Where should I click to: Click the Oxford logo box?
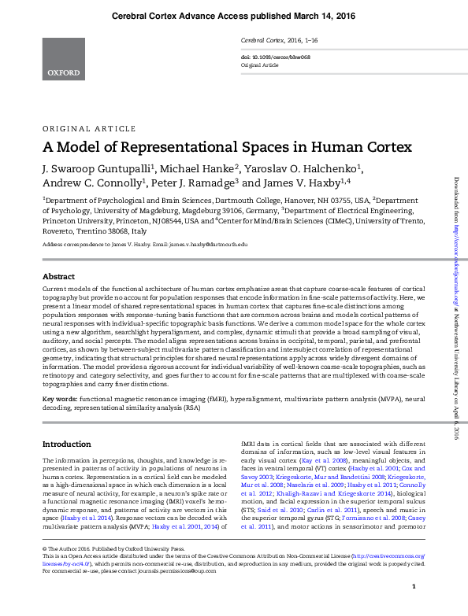(63, 58)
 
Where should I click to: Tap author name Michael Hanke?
(202, 168)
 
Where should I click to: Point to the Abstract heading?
(58, 277)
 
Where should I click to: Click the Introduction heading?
(67, 444)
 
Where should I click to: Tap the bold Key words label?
(60, 400)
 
